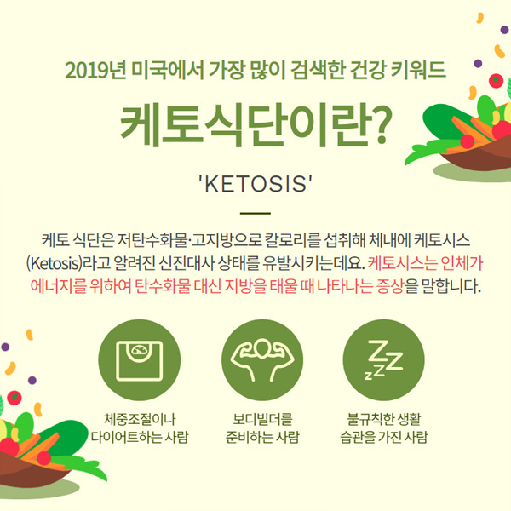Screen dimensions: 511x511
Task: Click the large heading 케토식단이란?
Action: click(x=256, y=125)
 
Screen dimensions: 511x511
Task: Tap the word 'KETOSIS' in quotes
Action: click(x=255, y=184)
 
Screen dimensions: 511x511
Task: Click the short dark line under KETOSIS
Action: click(x=255, y=213)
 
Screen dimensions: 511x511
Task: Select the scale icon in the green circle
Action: click(x=139, y=360)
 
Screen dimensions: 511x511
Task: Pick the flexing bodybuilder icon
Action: click(x=262, y=359)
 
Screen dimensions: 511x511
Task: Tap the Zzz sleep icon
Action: click(x=384, y=359)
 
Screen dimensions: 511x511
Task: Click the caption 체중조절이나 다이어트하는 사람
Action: click(x=140, y=428)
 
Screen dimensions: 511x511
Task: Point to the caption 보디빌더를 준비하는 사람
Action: click(x=262, y=428)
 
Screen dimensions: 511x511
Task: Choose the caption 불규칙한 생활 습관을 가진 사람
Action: click(x=384, y=428)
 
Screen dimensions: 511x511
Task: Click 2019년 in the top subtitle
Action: click(x=95, y=70)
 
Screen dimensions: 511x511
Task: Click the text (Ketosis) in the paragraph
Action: click(x=54, y=263)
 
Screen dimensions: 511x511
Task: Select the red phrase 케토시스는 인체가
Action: click(x=425, y=263)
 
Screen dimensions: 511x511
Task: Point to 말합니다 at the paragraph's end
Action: click(x=451, y=286)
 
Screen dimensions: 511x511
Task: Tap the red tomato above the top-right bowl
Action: click(x=496, y=81)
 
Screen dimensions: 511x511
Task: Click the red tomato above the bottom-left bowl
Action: click(x=14, y=398)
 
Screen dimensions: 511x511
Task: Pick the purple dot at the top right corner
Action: click(x=504, y=30)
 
